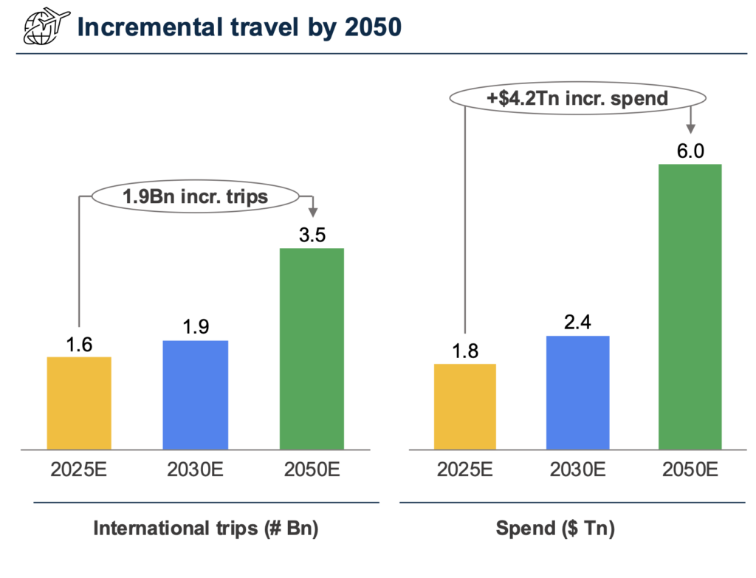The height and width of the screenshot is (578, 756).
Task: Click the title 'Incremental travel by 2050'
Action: coord(239,27)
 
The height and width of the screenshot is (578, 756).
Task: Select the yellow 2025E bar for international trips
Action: coord(79,402)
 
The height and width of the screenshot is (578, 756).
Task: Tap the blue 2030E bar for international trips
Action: coord(196,394)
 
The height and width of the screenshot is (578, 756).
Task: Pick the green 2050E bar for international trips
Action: coord(312,348)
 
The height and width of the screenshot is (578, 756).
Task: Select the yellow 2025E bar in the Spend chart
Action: coord(465,406)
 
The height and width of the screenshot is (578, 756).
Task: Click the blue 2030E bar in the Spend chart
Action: coord(578,392)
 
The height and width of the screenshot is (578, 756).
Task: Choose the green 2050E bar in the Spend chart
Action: coord(690,306)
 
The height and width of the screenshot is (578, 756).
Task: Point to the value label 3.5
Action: coord(312,235)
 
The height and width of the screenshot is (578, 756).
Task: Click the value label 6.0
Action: coord(690,151)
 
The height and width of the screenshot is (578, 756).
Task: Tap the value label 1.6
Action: coord(79,344)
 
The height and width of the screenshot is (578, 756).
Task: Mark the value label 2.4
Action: coord(578,323)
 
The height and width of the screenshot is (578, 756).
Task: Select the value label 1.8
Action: coord(465,351)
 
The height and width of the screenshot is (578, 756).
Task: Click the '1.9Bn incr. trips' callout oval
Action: coord(195,196)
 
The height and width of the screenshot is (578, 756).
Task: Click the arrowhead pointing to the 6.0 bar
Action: coord(690,128)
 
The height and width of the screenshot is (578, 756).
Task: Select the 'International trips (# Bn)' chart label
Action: coord(206,529)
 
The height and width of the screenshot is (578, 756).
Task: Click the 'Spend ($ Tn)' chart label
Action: coord(555,529)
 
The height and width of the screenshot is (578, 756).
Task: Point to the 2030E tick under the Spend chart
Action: coord(578,469)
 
